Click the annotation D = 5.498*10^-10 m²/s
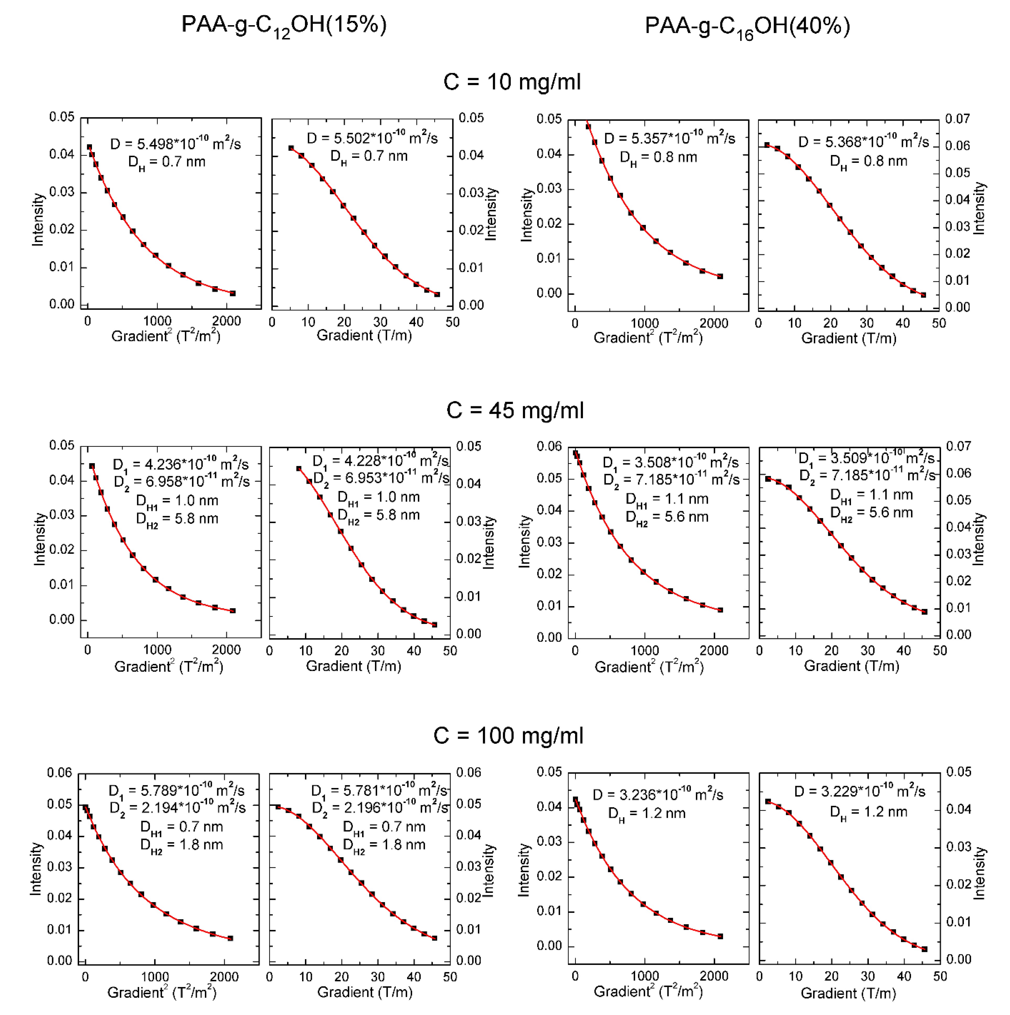pos(175,143)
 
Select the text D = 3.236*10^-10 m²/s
pos(658,795)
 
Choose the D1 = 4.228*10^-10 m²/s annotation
pos(380,461)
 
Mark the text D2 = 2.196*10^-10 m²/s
pos(380,807)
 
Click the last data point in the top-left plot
pos(232,293)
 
